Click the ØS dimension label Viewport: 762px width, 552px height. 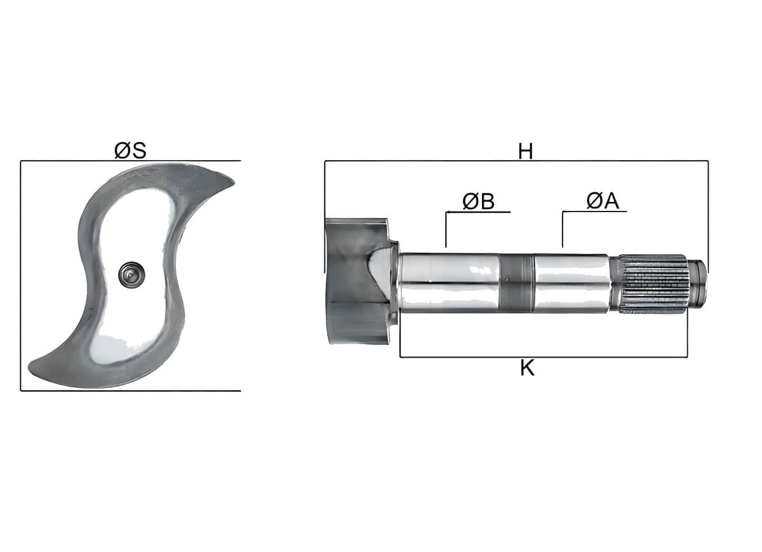pyautogui.click(x=130, y=151)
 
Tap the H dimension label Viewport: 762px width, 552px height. pyautogui.click(x=525, y=151)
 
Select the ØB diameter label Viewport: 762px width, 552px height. pyautogui.click(x=478, y=201)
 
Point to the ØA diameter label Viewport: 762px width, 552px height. pyautogui.click(x=603, y=201)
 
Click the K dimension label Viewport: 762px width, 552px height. pyautogui.click(x=527, y=368)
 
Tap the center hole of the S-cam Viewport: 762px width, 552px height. pyautogui.click(x=131, y=274)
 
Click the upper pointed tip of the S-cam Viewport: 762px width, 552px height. pyautogui.click(x=234, y=183)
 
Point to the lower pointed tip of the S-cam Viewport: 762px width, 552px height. pyautogui.click(x=29, y=368)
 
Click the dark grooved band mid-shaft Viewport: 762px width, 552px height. pyautogui.click(x=516, y=283)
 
